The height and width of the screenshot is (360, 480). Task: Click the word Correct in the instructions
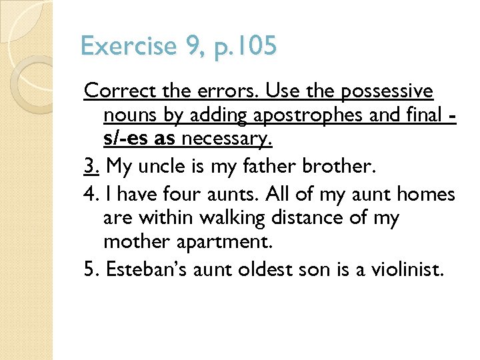point(111,91)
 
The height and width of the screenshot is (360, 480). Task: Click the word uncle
point(167,165)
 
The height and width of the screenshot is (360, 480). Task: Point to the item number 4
point(91,195)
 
